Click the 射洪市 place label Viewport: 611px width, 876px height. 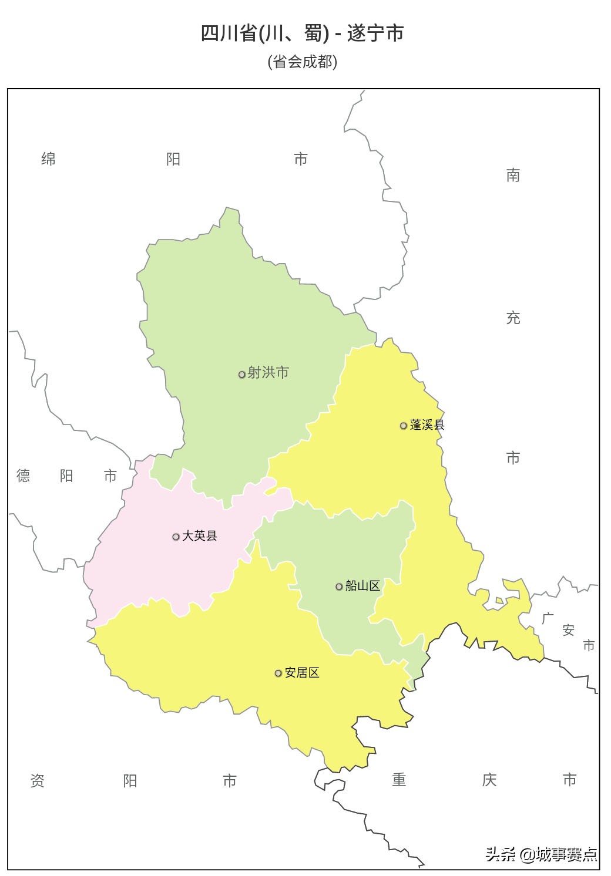tap(268, 373)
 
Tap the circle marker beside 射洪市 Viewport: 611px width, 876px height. tap(241, 375)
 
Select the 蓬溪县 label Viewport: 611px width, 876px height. tap(427, 424)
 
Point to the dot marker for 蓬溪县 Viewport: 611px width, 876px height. tap(403, 426)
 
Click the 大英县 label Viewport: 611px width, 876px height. tap(200, 535)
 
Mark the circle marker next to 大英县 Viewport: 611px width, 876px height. tap(176, 537)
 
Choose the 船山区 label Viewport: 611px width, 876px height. tap(362, 585)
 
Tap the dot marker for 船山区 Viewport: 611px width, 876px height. tap(339, 587)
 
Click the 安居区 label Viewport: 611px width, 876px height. tap(302, 672)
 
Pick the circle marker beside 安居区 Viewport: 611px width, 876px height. tap(278, 673)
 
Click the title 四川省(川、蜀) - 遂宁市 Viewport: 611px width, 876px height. tap(303, 33)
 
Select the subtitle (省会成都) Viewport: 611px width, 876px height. tap(303, 62)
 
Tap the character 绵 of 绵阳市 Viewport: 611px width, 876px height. tap(48, 159)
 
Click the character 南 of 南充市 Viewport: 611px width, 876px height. tap(513, 176)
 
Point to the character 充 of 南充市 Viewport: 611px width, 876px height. tap(513, 318)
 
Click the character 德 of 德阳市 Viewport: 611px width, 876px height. tap(23, 476)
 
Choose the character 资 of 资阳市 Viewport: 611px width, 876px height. tap(37, 780)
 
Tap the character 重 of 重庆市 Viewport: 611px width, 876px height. tap(399, 780)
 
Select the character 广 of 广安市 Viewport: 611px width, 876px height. tap(548, 618)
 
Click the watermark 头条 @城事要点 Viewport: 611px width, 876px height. tap(541, 854)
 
